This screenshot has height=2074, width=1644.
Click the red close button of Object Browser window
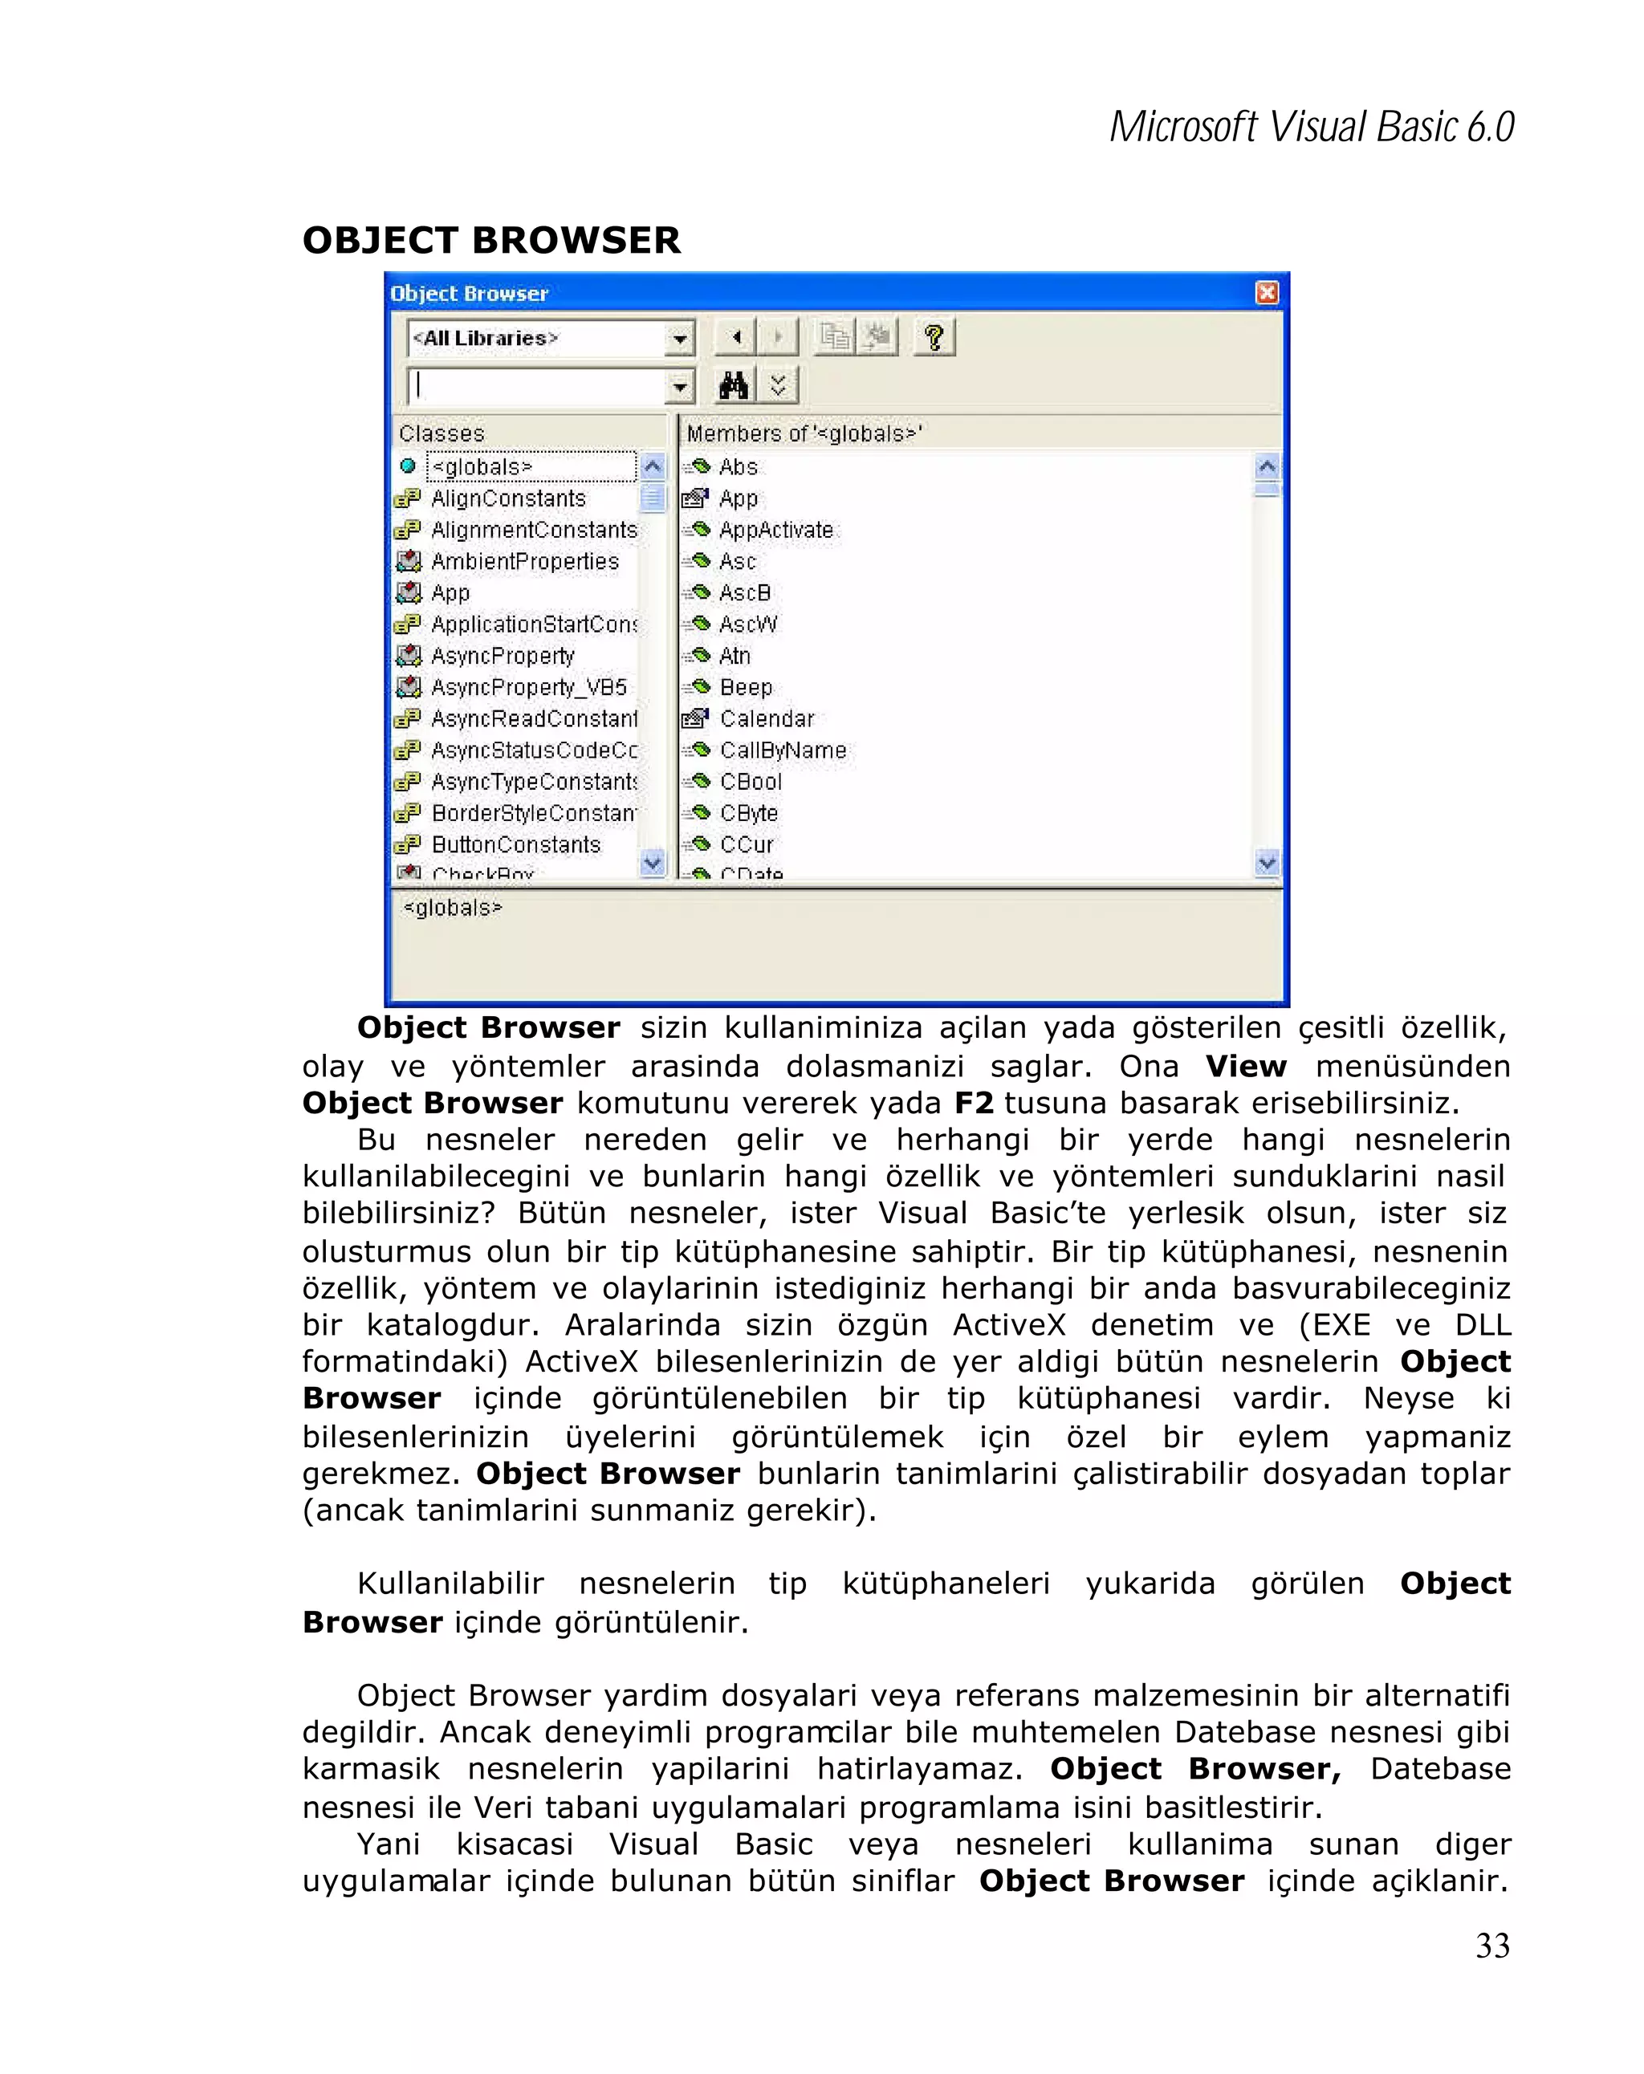[x=1267, y=292]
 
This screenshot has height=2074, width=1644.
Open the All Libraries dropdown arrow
[x=680, y=339]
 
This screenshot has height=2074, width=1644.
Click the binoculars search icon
[x=733, y=386]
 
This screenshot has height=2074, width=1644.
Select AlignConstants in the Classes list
[x=507, y=498]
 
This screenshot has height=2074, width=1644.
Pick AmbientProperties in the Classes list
[x=523, y=562]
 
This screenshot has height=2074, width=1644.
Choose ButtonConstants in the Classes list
[x=515, y=844]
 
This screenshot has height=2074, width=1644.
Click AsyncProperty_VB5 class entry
[x=527, y=687]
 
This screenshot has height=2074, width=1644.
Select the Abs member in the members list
[x=737, y=467]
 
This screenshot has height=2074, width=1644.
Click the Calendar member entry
[x=766, y=718]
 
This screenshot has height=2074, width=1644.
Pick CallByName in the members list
[x=782, y=750]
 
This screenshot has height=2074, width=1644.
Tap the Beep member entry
[x=745, y=687]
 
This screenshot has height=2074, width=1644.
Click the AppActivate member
[x=775, y=530]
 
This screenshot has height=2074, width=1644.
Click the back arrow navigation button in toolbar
[x=736, y=338]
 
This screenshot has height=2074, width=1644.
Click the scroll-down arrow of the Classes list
[x=652, y=863]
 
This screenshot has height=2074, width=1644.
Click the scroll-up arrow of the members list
[x=1267, y=467]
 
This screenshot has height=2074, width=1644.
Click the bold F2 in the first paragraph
[x=974, y=1102]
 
